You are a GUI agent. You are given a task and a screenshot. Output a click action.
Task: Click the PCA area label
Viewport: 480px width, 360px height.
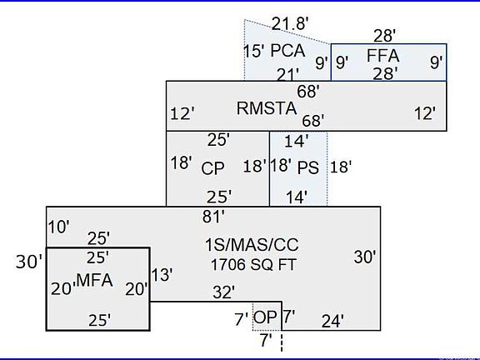(287, 51)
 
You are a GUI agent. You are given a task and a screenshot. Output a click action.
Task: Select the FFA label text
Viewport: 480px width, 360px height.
(383, 56)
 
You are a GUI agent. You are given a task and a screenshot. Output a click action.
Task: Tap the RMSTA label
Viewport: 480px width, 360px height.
(267, 108)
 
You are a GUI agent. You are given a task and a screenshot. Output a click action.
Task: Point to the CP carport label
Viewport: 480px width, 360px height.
(212, 168)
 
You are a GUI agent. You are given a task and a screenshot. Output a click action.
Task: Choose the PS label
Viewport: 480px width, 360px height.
(308, 167)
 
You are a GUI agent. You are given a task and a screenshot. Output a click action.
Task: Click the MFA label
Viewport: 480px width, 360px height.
(95, 280)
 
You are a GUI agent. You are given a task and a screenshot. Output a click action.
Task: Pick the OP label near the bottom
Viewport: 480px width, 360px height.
(265, 317)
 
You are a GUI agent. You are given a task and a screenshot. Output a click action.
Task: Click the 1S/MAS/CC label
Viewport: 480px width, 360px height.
(252, 245)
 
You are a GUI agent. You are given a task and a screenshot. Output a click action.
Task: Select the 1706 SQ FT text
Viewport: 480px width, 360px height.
(253, 265)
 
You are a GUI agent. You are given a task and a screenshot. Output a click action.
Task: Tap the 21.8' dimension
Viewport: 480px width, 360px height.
(290, 23)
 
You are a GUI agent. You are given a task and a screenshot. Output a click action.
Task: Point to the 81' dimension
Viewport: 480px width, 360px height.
(213, 217)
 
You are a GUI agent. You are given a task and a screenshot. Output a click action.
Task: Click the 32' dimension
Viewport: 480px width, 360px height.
(224, 292)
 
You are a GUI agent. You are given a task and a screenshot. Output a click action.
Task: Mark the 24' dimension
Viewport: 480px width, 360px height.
(332, 322)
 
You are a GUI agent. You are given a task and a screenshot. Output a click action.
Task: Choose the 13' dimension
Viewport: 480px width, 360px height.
(162, 275)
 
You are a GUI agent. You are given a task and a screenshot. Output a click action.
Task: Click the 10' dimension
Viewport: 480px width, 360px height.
(59, 227)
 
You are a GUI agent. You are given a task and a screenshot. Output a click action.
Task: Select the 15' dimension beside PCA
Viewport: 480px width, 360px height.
(254, 51)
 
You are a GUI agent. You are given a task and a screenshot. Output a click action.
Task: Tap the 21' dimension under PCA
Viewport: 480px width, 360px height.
(287, 75)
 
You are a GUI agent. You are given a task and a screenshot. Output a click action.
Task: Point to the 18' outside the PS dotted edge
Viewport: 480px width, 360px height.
(341, 167)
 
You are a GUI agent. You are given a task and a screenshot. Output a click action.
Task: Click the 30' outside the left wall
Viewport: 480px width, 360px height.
(29, 262)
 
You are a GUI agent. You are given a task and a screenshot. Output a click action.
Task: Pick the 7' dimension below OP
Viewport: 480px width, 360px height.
(266, 340)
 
